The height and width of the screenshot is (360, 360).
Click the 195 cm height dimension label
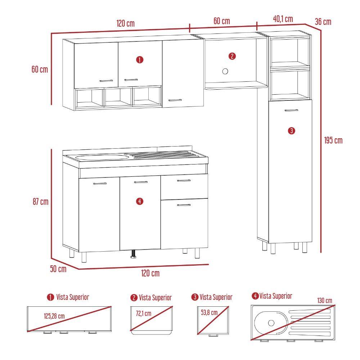click(x=333, y=140)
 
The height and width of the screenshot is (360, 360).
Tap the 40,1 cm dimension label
click(x=283, y=19)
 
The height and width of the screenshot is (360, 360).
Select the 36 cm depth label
click(x=323, y=22)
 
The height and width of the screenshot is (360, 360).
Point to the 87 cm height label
click(x=40, y=202)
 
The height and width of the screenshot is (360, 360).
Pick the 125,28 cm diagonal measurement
click(x=54, y=316)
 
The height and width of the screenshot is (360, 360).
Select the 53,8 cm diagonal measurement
click(x=209, y=312)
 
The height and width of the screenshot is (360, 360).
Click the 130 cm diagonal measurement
click(x=325, y=300)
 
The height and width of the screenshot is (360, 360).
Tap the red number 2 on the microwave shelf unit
click(x=232, y=56)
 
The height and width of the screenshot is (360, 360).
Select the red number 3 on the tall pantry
click(x=292, y=130)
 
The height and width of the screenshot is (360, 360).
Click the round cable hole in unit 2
click(x=225, y=71)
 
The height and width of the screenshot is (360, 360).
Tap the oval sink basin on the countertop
click(x=102, y=157)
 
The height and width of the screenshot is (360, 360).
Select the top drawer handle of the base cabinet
click(x=184, y=181)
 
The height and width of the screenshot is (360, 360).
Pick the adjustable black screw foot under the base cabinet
click(x=134, y=255)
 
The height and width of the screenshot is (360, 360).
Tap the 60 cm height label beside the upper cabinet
click(x=40, y=69)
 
